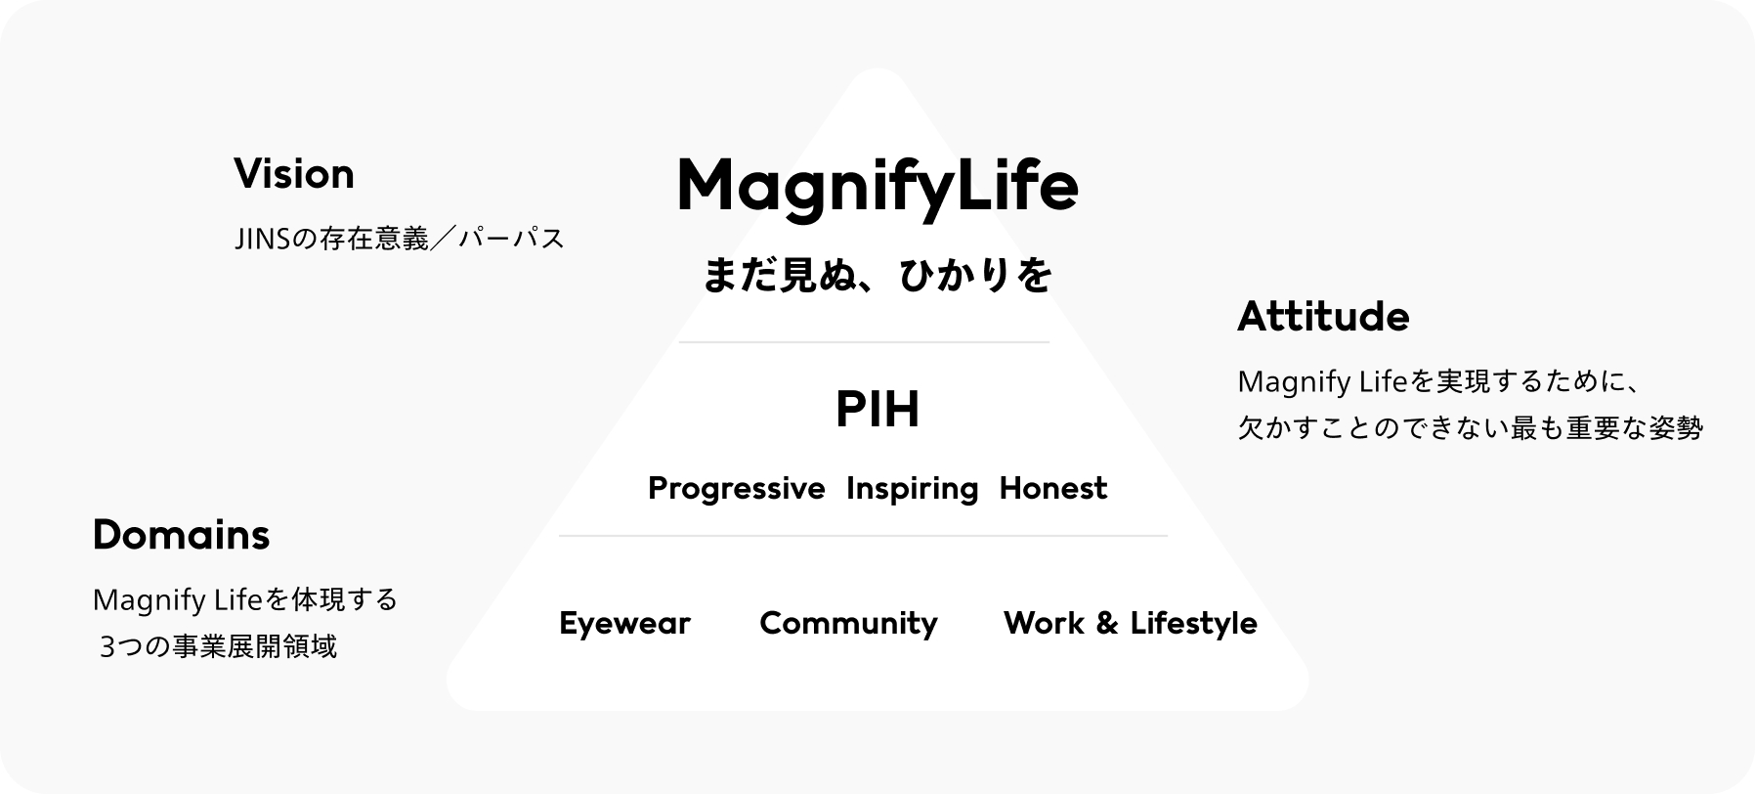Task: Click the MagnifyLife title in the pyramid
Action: point(877,187)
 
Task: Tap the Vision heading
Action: point(294,174)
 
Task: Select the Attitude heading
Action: point(1323,317)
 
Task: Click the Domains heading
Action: point(181,535)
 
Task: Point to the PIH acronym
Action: point(877,410)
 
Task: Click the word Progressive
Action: point(736,488)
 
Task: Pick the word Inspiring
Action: point(912,488)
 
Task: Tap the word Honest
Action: point(1053,487)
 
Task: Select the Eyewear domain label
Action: point(624,623)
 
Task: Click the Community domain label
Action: point(848,623)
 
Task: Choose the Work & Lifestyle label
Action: point(1131,623)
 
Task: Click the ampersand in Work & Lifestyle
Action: point(1107,623)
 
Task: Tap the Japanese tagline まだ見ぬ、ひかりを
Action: point(877,275)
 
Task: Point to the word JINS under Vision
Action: point(263,238)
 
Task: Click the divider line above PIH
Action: point(864,342)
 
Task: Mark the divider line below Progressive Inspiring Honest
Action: point(863,536)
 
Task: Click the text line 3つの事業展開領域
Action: point(218,646)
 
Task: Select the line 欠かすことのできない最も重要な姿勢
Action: point(1471,427)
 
